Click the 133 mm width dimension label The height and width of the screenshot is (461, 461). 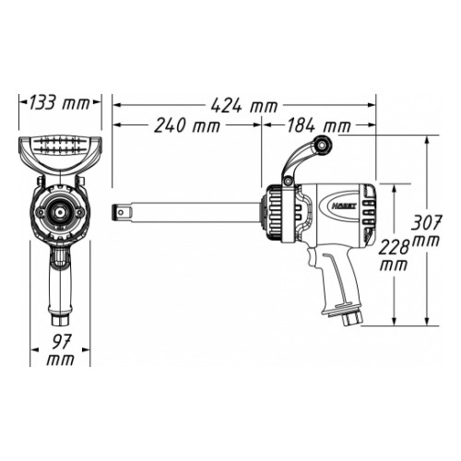coord(59,102)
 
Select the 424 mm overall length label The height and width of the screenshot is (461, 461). coord(244,106)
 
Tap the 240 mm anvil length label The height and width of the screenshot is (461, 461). coord(187,125)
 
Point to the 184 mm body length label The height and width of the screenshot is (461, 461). coord(319,125)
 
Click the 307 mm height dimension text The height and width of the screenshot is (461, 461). coord(426,230)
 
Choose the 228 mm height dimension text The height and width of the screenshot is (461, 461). coord(394,254)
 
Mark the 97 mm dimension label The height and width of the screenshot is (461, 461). coord(61,350)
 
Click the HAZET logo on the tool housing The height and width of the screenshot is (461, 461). coord(344,207)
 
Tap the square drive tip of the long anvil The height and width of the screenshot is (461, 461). coord(120,212)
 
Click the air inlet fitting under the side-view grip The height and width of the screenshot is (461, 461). coord(351,319)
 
